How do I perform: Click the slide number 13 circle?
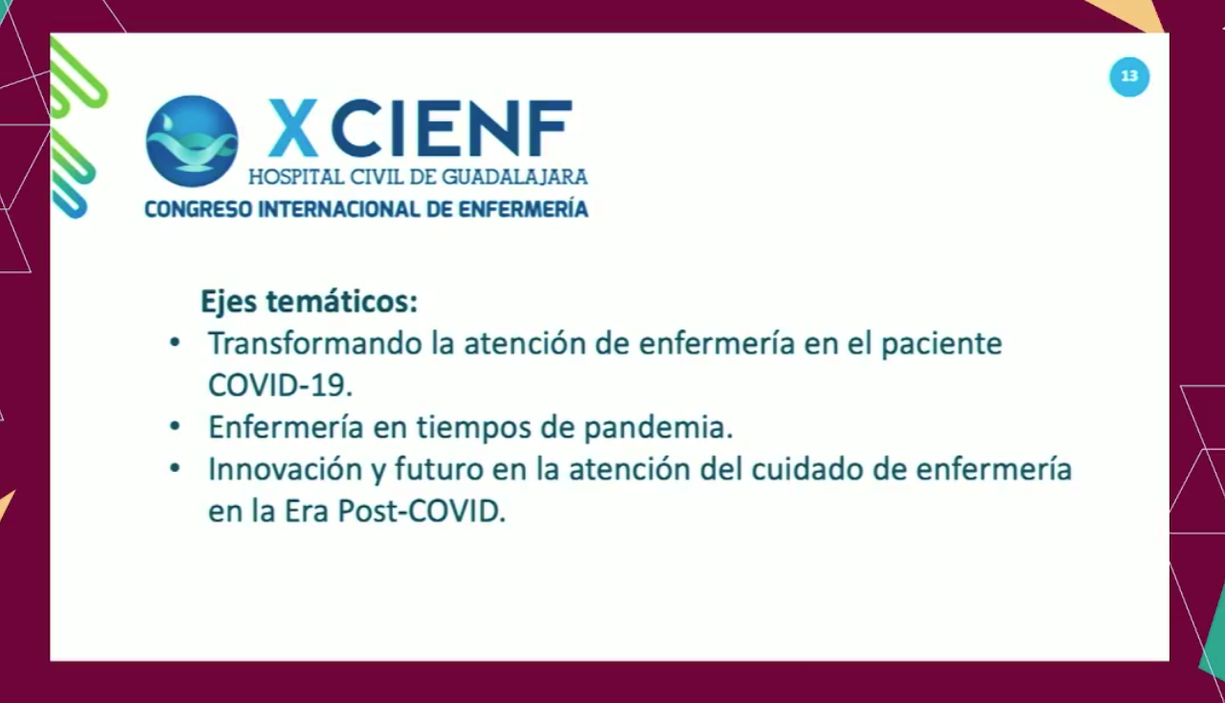[1129, 77]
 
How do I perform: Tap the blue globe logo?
[192, 141]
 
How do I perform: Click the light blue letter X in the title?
[293, 128]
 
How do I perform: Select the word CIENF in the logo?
[452, 128]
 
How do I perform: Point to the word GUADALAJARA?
[515, 177]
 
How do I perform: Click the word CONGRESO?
[199, 209]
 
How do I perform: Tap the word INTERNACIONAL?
[339, 209]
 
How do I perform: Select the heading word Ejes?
[228, 302]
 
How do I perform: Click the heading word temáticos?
[342, 302]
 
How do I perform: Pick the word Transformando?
[315, 344]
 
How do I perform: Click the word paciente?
[941, 345]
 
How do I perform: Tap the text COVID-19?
[280, 385]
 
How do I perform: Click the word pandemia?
[658, 428]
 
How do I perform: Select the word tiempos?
[474, 428]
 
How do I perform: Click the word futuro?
[439, 470]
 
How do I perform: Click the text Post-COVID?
[421, 512]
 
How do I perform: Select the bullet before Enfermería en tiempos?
[175, 426]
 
